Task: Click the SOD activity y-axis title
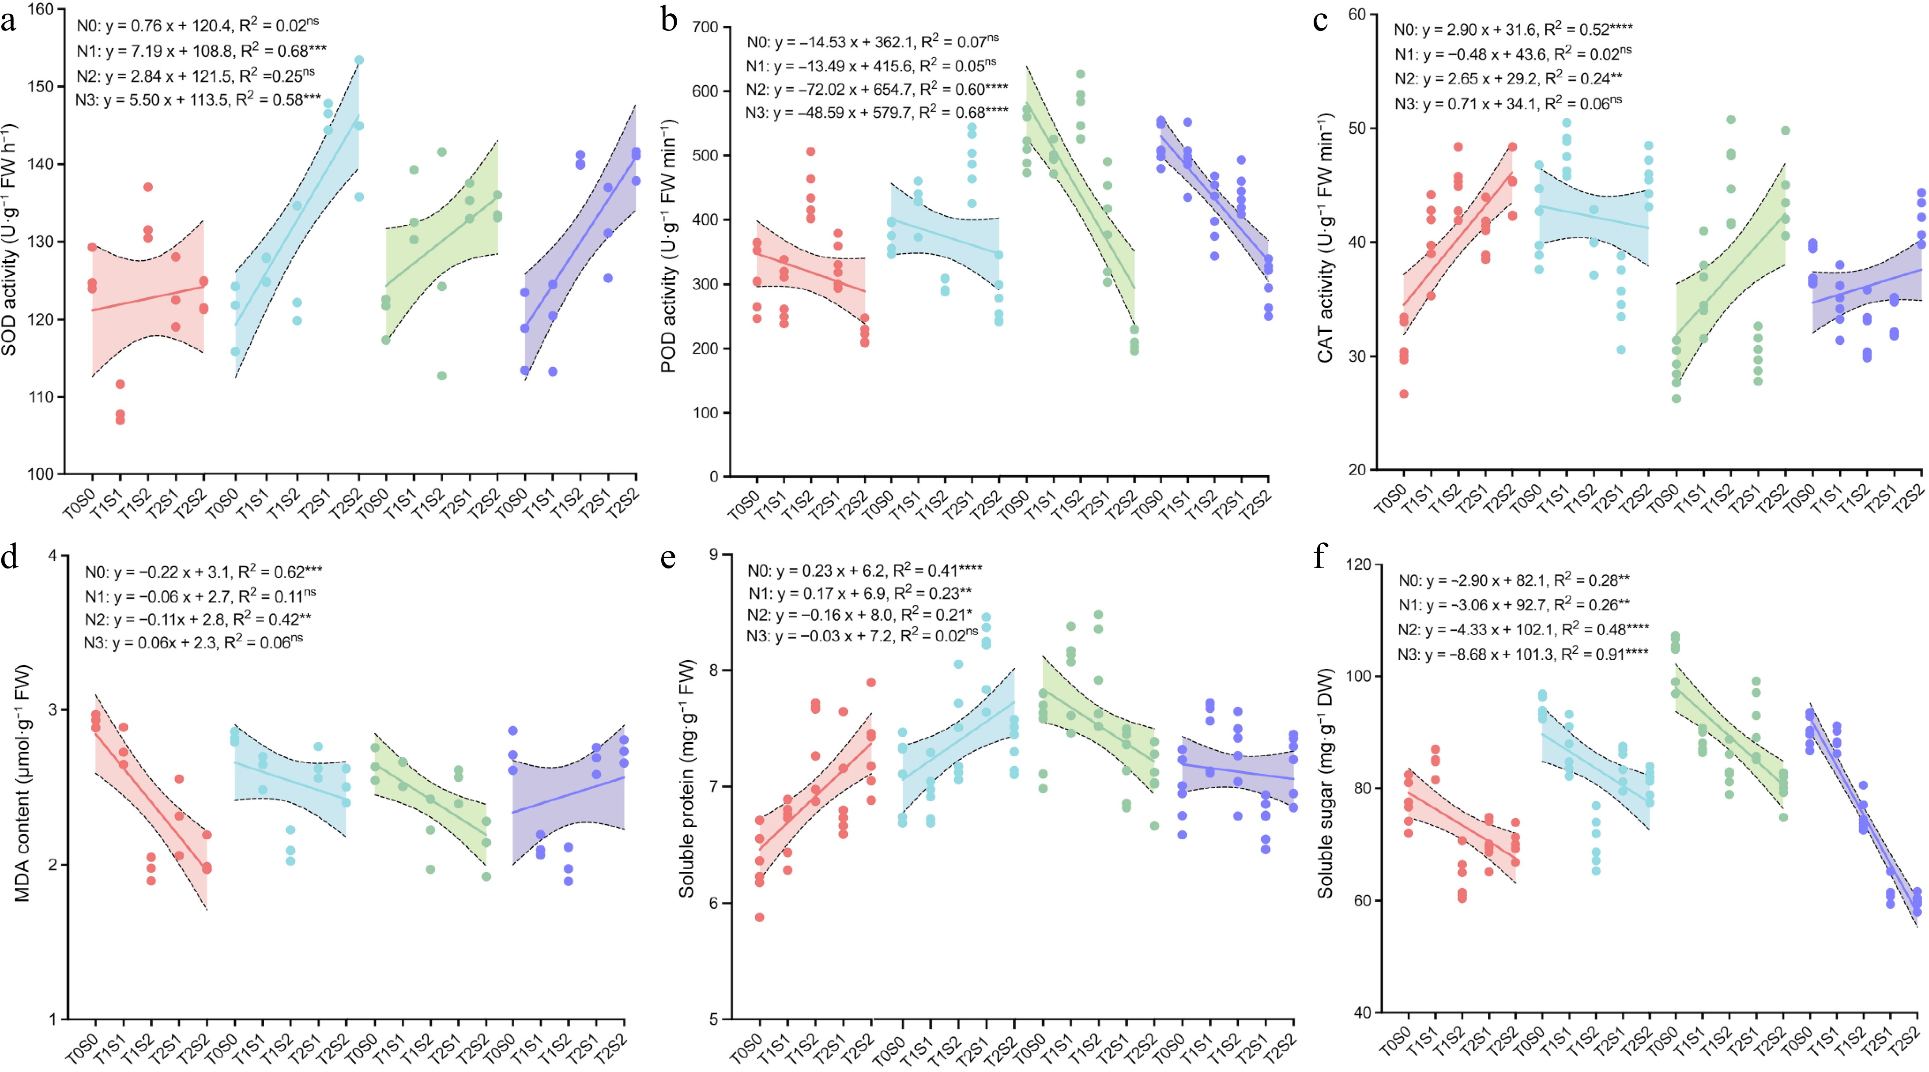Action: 9,240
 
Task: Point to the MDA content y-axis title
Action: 23,783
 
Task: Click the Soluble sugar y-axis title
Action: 1326,783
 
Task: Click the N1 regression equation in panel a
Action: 201,51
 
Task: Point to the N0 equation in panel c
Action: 1513,30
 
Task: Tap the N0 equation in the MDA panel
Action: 203,572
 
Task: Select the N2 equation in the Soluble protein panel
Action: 860,615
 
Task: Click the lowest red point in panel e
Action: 759,917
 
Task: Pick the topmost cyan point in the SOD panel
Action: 359,60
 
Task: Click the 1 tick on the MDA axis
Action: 53,1019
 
